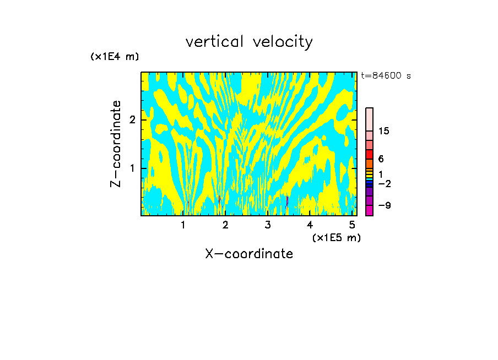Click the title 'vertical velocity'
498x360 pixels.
coord(249,42)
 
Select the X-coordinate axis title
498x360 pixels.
coord(249,254)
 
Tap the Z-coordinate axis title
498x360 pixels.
coord(116,144)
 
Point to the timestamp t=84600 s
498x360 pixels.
coord(386,76)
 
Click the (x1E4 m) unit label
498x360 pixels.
coord(115,57)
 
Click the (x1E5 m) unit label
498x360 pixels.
coord(336,237)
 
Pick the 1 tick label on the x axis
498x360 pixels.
coord(183,225)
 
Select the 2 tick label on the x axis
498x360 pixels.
coord(225,225)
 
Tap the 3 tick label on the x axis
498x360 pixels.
coord(268,225)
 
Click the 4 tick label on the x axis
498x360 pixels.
coord(310,225)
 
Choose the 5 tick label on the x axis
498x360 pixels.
coord(352,225)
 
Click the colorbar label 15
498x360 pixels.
coord(384,131)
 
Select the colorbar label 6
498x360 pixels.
coord(381,159)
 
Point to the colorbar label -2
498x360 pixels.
coord(384,183)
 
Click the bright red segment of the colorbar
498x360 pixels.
coord(369,155)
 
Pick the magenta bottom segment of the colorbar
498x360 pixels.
coord(369,211)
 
